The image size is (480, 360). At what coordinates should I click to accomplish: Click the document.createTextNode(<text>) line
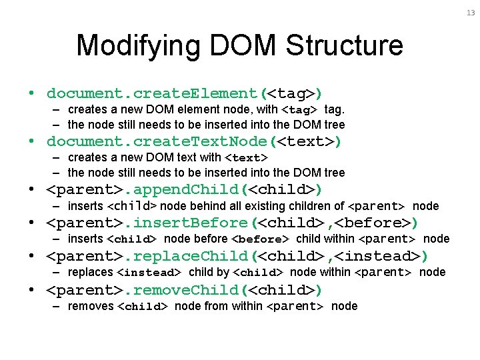tap(194, 141)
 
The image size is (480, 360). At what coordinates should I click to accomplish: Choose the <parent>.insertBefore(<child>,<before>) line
tap(232, 223)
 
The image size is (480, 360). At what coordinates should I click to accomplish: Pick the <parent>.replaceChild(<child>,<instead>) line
tap(237, 256)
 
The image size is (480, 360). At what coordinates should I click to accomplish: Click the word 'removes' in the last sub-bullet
tap(90, 306)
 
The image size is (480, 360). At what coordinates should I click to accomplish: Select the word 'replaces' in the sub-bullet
tap(90, 272)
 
